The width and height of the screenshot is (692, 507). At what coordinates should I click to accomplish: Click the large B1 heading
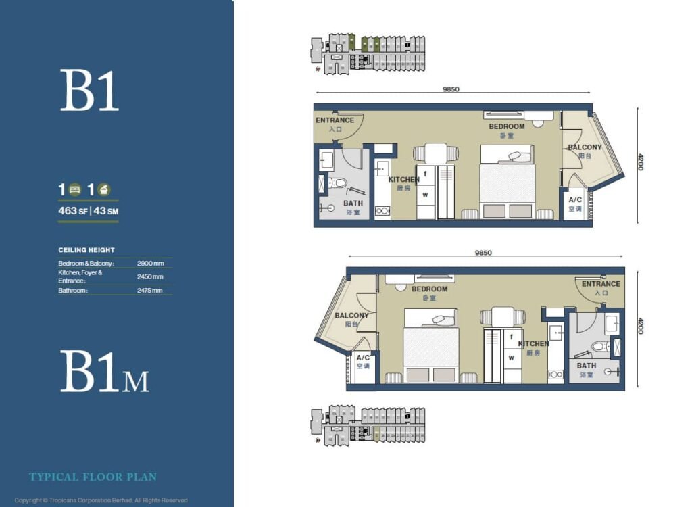[89, 91]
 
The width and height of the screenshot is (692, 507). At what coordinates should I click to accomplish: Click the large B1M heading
[104, 372]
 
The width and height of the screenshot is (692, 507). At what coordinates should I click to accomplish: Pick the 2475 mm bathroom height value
[149, 291]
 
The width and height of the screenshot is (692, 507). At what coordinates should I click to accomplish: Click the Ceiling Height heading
[86, 250]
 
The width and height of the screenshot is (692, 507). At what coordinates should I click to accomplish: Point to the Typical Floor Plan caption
[93, 477]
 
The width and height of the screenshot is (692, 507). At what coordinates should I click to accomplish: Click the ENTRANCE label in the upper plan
[335, 121]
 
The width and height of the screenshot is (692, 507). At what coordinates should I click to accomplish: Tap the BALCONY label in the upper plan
[584, 147]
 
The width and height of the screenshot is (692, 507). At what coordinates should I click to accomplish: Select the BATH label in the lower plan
[586, 366]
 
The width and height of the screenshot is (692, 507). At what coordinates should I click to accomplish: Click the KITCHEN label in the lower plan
[533, 344]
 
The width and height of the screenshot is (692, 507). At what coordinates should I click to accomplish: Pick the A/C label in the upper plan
[575, 200]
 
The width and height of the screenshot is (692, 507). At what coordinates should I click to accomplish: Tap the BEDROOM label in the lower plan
[429, 289]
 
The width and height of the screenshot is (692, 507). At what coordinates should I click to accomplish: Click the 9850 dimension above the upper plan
[451, 89]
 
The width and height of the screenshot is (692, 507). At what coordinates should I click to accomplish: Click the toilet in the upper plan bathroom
[337, 183]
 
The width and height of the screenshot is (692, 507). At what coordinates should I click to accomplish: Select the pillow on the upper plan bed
[519, 156]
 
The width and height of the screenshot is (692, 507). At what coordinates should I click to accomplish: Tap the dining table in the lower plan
[502, 316]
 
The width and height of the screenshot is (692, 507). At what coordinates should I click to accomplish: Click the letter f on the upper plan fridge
[426, 173]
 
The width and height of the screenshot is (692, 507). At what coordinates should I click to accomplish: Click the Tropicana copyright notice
[101, 500]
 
